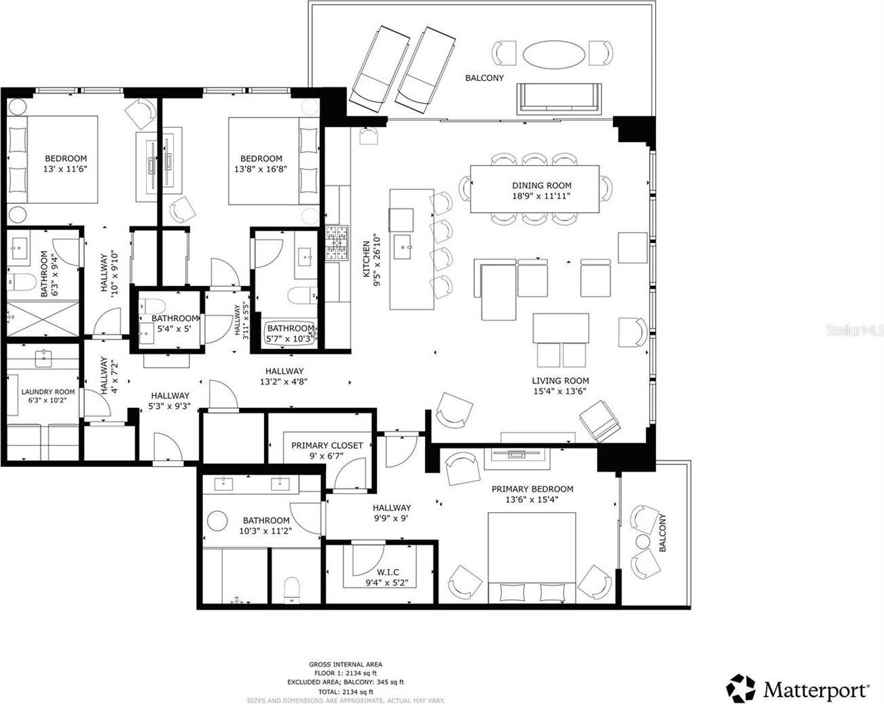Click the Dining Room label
(x=541, y=185)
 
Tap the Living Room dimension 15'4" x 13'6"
(x=559, y=391)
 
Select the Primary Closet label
(x=327, y=445)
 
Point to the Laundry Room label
(x=48, y=392)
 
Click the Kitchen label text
(x=366, y=259)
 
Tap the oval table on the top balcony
(x=554, y=54)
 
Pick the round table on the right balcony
(x=643, y=541)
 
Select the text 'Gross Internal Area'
(x=346, y=665)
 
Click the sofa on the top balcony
(x=559, y=98)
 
